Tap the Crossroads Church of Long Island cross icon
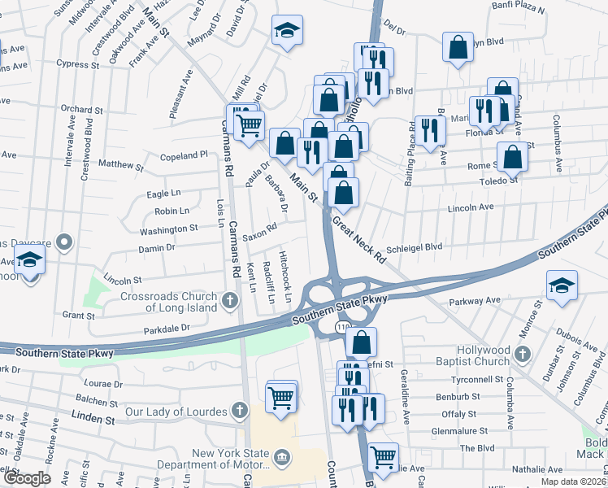[230, 303]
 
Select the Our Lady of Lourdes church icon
[240, 412]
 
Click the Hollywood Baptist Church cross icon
[522, 355]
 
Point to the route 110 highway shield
[341, 327]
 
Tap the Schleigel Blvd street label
[415, 246]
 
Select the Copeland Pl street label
[185, 155]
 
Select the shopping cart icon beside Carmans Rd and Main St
[250, 124]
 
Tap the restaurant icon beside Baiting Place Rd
[428, 129]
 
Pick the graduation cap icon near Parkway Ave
[562, 285]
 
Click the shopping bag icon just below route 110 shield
[361, 342]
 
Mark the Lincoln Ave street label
[471, 208]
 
